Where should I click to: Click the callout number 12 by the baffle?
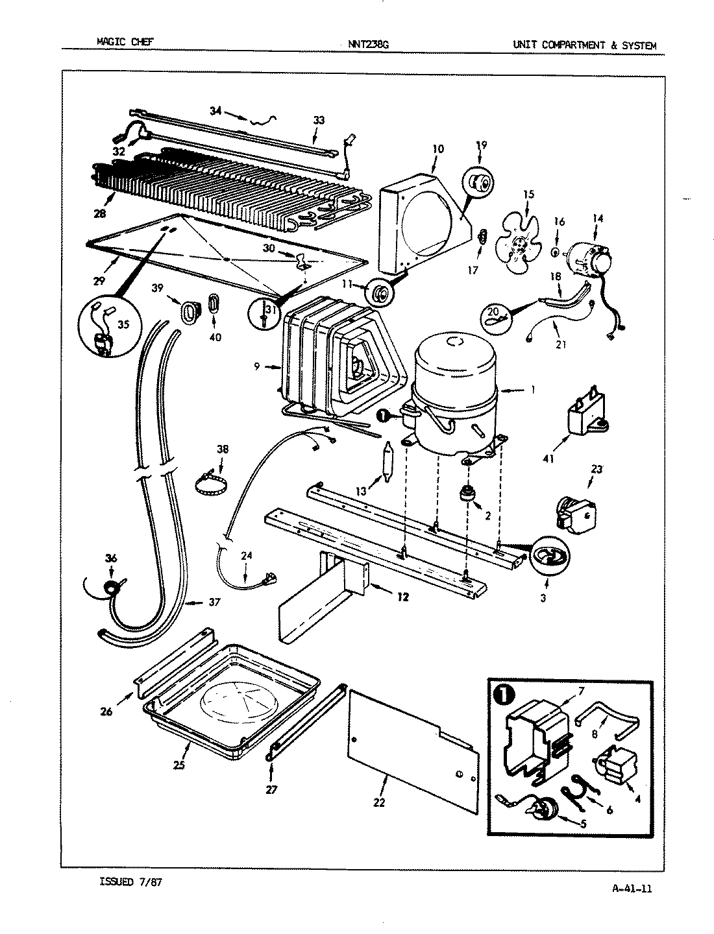402,597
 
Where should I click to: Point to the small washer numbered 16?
556,251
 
